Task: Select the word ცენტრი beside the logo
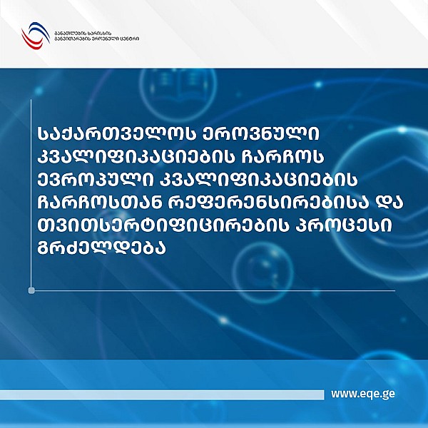tap(128, 39)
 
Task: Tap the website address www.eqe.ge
tap(364, 393)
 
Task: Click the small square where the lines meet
tap(31, 290)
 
